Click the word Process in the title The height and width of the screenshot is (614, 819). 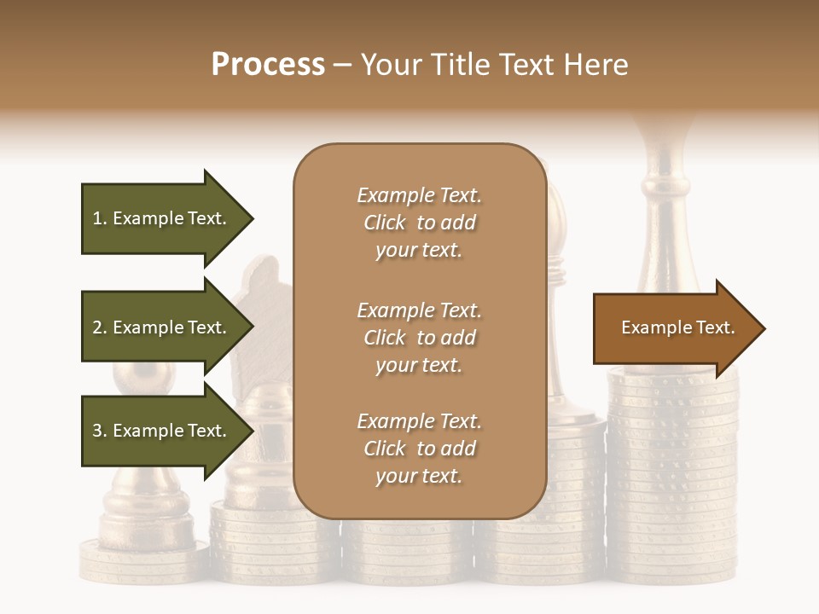(268, 65)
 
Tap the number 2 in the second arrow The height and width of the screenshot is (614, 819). (97, 327)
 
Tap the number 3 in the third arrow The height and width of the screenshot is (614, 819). (97, 431)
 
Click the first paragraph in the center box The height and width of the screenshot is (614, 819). (419, 223)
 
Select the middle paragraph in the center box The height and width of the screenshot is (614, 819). (419, 338)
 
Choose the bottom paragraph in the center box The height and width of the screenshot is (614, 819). (419, 449)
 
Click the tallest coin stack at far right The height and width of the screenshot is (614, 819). (672, 478)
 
